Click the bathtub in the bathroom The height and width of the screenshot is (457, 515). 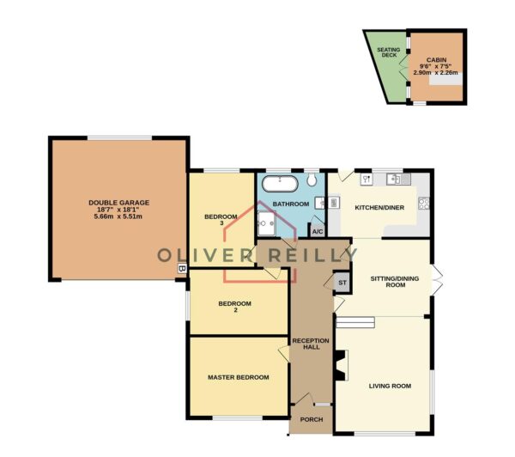(x=280, y=184)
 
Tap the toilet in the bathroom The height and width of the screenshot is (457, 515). (x=312, y=180)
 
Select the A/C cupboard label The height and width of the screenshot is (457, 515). (x=318, y=232)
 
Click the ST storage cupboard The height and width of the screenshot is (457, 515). (x=342, y=283)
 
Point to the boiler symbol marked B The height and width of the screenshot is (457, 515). (x=182, y=268)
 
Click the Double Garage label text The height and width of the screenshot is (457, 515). (x=119, y=203)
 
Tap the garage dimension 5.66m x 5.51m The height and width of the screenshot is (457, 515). (x=118, y=216)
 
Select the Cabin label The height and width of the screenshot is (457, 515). (x=437, y=60)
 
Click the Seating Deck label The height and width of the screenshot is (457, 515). (x=389, y=52)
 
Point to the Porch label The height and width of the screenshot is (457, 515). (x=312, y=419)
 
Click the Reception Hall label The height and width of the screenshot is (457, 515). (x=311, y=344)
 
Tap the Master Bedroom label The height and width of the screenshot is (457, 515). (x=239, y=377)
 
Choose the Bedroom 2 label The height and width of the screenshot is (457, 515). (x=235, y=307)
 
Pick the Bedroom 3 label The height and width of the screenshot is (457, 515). (x=221, y=220)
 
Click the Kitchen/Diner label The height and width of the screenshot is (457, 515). (x=379, y=208)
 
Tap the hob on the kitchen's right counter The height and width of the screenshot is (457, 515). (x=424, y=204)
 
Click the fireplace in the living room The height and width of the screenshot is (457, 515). (x=342, y=365)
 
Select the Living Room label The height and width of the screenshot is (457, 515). (x=390, y=386)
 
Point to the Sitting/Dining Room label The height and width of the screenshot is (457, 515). (x=395, y=282)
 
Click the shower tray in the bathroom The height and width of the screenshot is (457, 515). (x=267, y=223)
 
